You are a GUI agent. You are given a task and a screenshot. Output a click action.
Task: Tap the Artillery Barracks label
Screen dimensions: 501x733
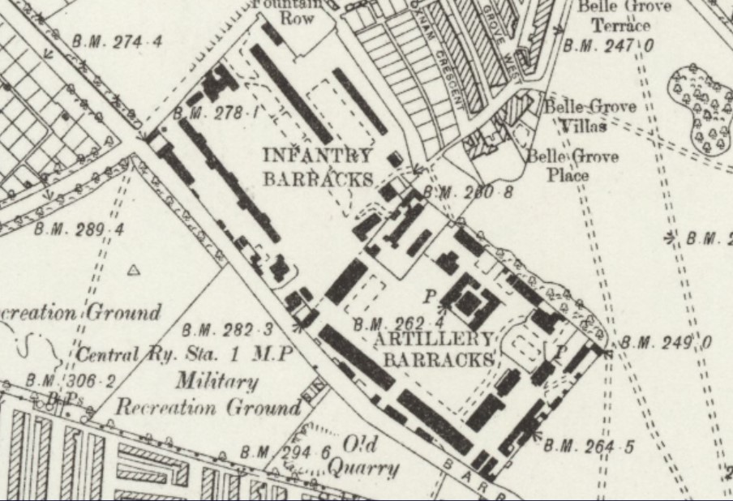437,349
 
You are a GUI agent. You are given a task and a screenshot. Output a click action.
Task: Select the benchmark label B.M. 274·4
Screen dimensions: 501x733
117,41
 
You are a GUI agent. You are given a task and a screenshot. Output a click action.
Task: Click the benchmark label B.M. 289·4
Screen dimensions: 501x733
79,229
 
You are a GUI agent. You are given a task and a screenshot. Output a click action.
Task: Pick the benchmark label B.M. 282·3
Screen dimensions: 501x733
228,330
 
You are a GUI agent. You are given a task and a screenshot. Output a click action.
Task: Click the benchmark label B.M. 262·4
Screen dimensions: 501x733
397,325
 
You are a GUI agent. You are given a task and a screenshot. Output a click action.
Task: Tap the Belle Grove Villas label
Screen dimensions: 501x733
589,116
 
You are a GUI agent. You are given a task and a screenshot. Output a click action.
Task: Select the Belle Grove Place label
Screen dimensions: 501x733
572,165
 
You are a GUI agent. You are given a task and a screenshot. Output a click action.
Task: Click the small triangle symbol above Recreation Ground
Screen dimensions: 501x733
135,270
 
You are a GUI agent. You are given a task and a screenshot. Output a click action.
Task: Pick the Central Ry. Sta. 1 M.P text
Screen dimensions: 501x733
184,355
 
